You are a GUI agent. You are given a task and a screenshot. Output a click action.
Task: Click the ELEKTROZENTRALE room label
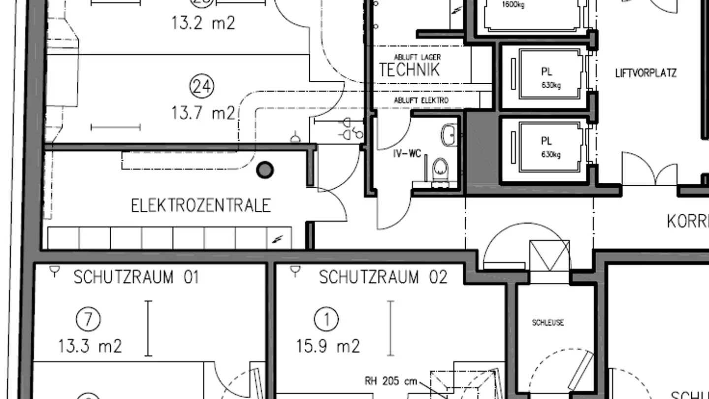pyautogui.click(x=201, y=205)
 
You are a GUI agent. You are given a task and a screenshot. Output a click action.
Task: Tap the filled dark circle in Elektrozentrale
pyautogui.click(x=265, y=170)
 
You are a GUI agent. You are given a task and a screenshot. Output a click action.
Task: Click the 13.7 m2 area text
pyautogui.click(x=203, y=113)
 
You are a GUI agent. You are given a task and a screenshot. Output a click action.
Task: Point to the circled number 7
pyautogui.click(x=88, y=320)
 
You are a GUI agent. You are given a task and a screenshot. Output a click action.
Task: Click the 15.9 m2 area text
pyautogui.click(x=328, y=346)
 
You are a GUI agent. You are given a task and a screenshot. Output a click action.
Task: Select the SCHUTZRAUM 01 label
pyautogui.click(x=136, y=277)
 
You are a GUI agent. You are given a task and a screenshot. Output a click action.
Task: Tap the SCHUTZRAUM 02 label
pyautogui.click(x=383, y=277)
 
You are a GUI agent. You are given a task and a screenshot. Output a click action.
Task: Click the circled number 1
pyautogui.click(x=326, y=320)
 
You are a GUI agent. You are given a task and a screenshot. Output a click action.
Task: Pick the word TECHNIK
pyautogui.click(x=409, y=70)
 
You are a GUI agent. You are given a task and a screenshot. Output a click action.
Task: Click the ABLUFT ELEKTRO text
pyautogui.click(x=421, y=100)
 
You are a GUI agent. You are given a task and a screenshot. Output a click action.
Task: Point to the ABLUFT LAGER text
pyautogui.click(x=417, y=58)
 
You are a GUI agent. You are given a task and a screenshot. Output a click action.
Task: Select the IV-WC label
pyautogui.click(x=407, y=154)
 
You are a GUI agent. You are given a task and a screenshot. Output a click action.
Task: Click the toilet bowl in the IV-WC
pyautogui.click(x=440, y=167)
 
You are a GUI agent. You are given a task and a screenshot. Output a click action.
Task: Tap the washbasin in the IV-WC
pyautogui.click(x=449, y=134)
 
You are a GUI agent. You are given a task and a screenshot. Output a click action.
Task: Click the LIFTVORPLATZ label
pyautogui.click(x=645, y=73)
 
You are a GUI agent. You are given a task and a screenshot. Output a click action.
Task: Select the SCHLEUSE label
pyautogui.click(x=548, y=323)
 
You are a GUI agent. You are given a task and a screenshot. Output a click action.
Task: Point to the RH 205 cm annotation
pyautogui.click(x=390, y=381)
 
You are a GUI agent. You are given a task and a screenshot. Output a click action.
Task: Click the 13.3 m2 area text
pyautogui.click(x=90, y=346)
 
